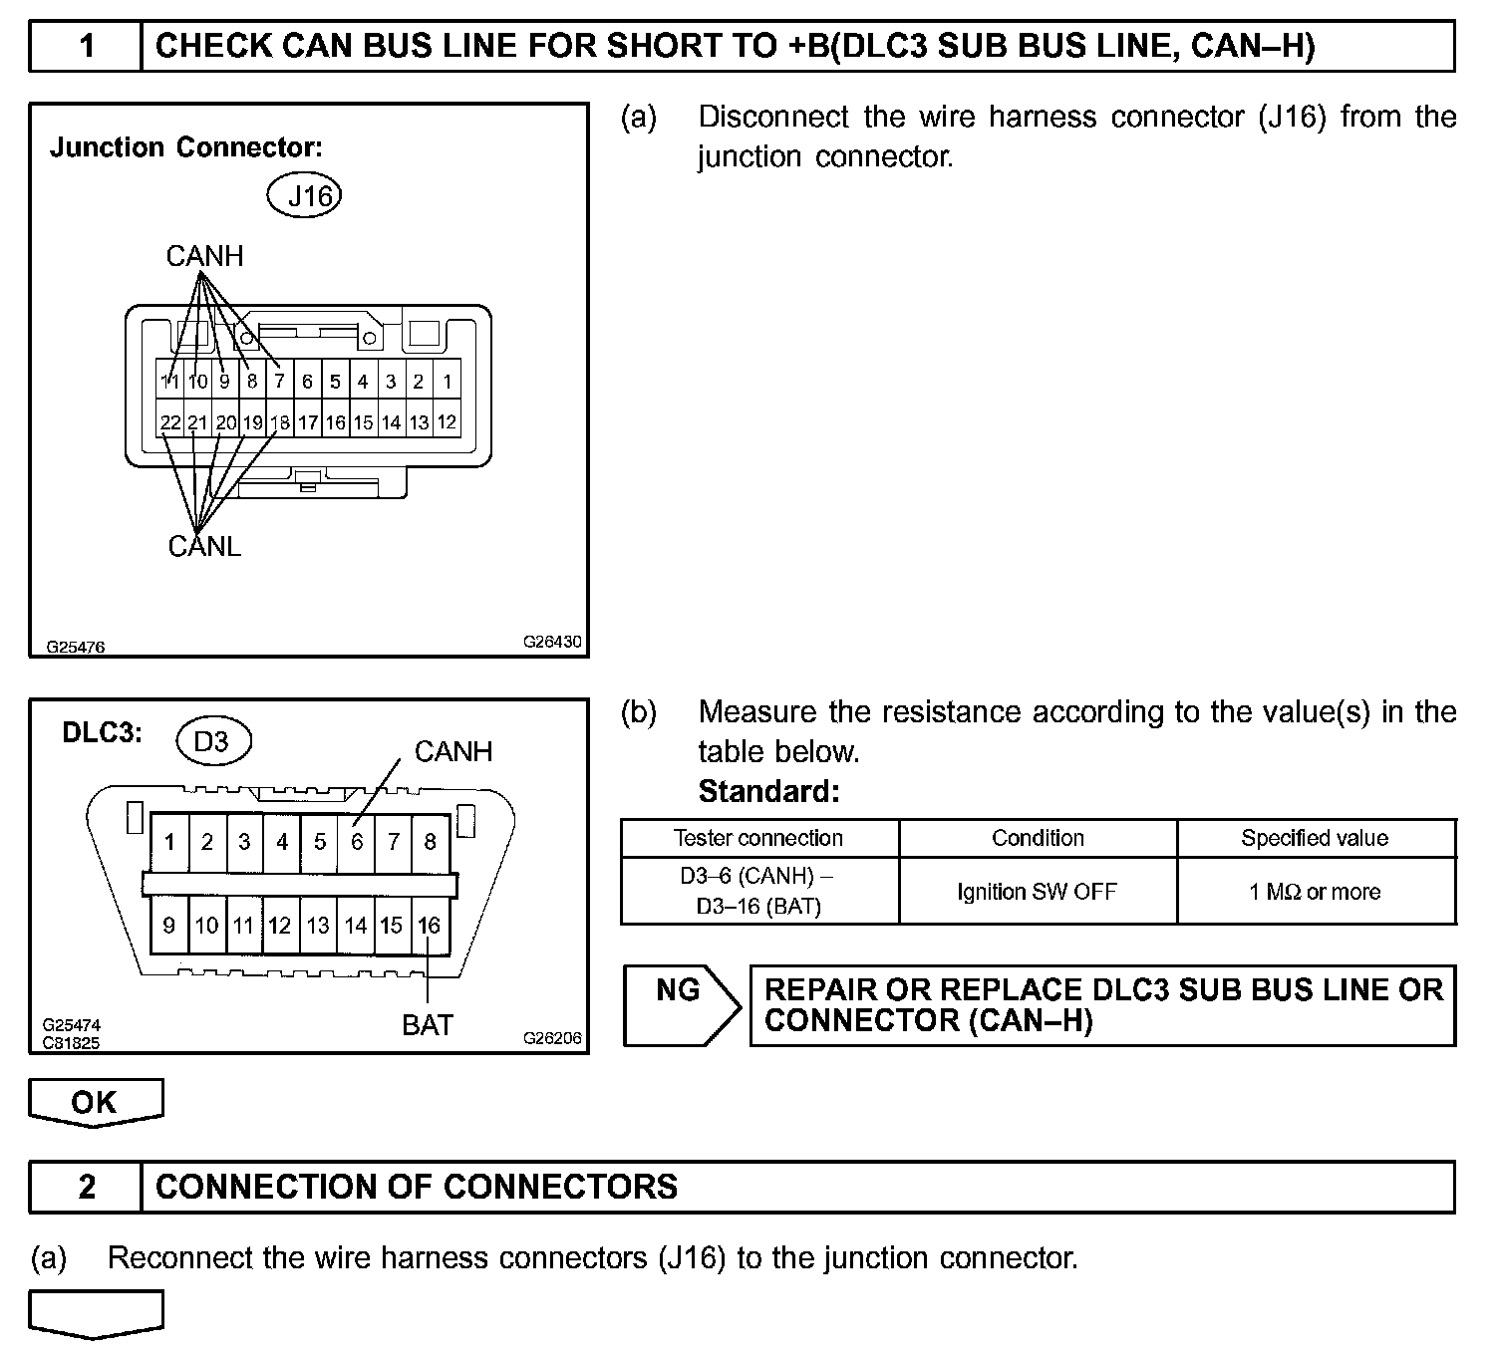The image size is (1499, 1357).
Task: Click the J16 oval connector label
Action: point(305,195)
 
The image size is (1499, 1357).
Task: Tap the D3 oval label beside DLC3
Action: point(212,741)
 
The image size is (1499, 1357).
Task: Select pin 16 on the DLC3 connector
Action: point(429,926)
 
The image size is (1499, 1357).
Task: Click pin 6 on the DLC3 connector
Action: point(357,842)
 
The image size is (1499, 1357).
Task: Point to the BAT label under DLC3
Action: point(428,1024)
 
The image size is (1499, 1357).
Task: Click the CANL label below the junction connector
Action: point(204,546)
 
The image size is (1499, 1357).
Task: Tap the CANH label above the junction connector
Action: point(204,256)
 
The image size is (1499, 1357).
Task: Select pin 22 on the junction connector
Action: point(170,422)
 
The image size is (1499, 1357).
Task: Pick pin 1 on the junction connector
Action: point(448,381)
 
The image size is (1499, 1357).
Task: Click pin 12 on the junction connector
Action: point(448,422)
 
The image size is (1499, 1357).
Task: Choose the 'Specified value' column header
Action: point(1315,838)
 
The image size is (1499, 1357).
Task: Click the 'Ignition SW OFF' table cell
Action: point(1037,891)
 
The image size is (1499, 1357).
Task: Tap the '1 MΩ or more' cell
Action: point(1315,891)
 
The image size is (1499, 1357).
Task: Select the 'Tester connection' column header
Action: point(758,838)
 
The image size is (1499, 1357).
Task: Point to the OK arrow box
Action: point(95,1102)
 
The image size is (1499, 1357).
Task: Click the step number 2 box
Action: point(87,1187)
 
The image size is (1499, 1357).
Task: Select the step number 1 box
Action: point(87,46)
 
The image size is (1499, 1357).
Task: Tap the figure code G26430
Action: point(552,643)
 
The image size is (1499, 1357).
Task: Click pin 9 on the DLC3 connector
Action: point(169,926)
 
